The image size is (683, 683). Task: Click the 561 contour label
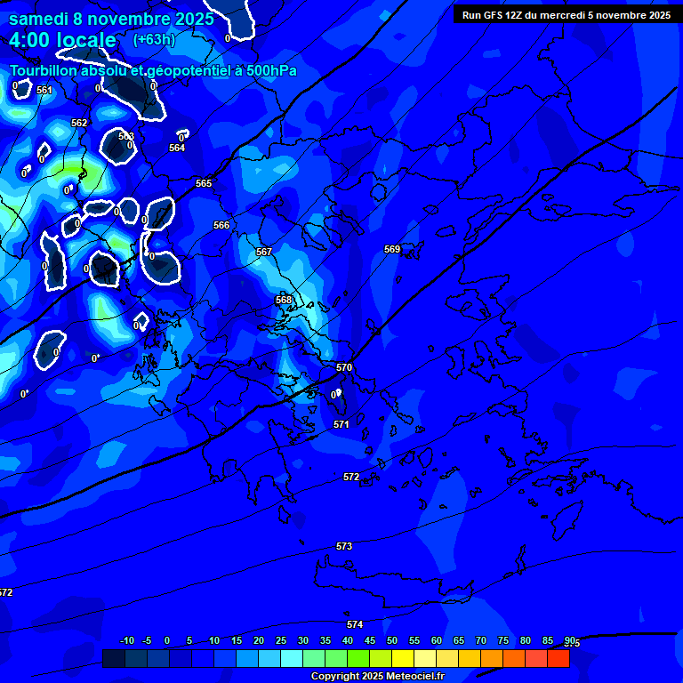[44, 91]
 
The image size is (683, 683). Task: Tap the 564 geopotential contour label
[177, 148]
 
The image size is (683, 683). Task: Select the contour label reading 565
[204, 183]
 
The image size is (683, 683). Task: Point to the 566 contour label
[221, 225]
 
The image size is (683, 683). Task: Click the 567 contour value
[264, 252]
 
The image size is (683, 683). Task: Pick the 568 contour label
[284, 300]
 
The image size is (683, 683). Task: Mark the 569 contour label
[392, 249]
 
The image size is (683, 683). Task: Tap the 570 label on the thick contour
[344, 367]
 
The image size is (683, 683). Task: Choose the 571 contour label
[341, 424]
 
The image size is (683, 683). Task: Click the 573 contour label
[344, 546]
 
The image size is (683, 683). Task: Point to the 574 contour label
[355, 624]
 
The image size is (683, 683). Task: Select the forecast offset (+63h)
[154, 40]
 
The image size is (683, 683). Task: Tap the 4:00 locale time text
[63, 40]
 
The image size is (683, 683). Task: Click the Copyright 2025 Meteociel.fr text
[377, 677]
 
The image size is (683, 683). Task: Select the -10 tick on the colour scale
[126, 640]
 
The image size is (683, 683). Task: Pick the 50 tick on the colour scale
[392, 640]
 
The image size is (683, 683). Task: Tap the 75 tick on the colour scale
[503, 640]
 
